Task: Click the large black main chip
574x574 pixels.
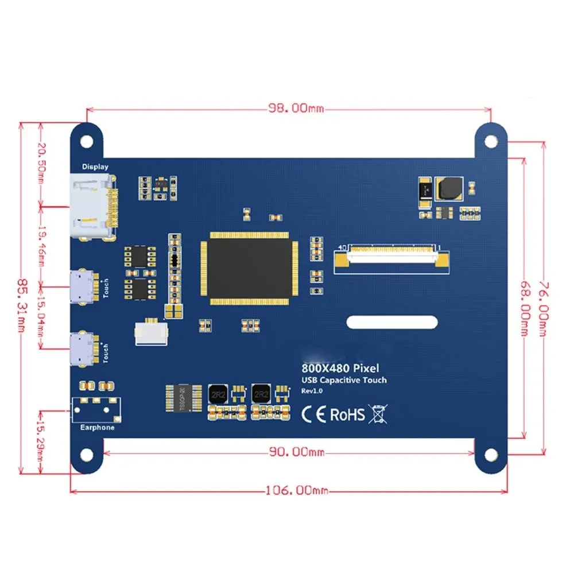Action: (247, 268)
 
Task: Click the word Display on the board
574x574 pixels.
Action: (95, 166)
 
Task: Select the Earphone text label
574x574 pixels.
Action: (97, 427)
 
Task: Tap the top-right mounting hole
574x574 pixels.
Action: (490, 141)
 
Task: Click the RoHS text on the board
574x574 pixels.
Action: (347, 414)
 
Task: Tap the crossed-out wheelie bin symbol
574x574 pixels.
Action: (377, 413)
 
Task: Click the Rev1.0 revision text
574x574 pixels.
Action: (313, 391)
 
